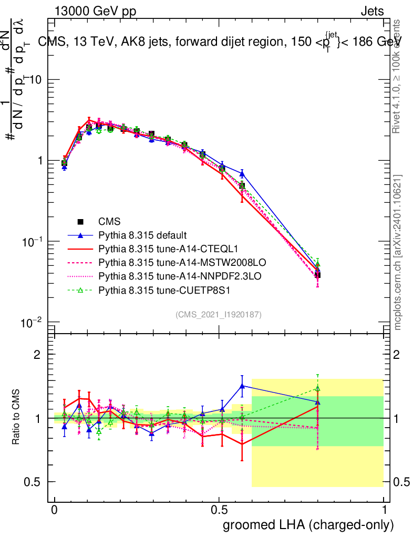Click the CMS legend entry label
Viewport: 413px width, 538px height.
click(x=109, y=222)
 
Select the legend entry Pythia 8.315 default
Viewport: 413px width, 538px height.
click(x=143, y=235)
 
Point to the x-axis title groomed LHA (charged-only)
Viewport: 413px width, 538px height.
click(x=308, y=525)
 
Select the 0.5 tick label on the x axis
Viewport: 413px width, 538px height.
click(x=219, y=510)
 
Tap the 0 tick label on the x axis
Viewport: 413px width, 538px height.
click(x=54, y=510)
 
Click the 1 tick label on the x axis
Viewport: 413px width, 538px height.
click(x=384, y=510)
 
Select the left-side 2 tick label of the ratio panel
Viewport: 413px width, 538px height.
click(x=37, y=355)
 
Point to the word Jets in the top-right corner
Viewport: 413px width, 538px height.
click(x=371, y=11)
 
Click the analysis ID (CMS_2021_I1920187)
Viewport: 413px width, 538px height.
click(x=219, y=315)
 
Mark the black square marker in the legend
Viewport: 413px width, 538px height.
click(x=80, y=222)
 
